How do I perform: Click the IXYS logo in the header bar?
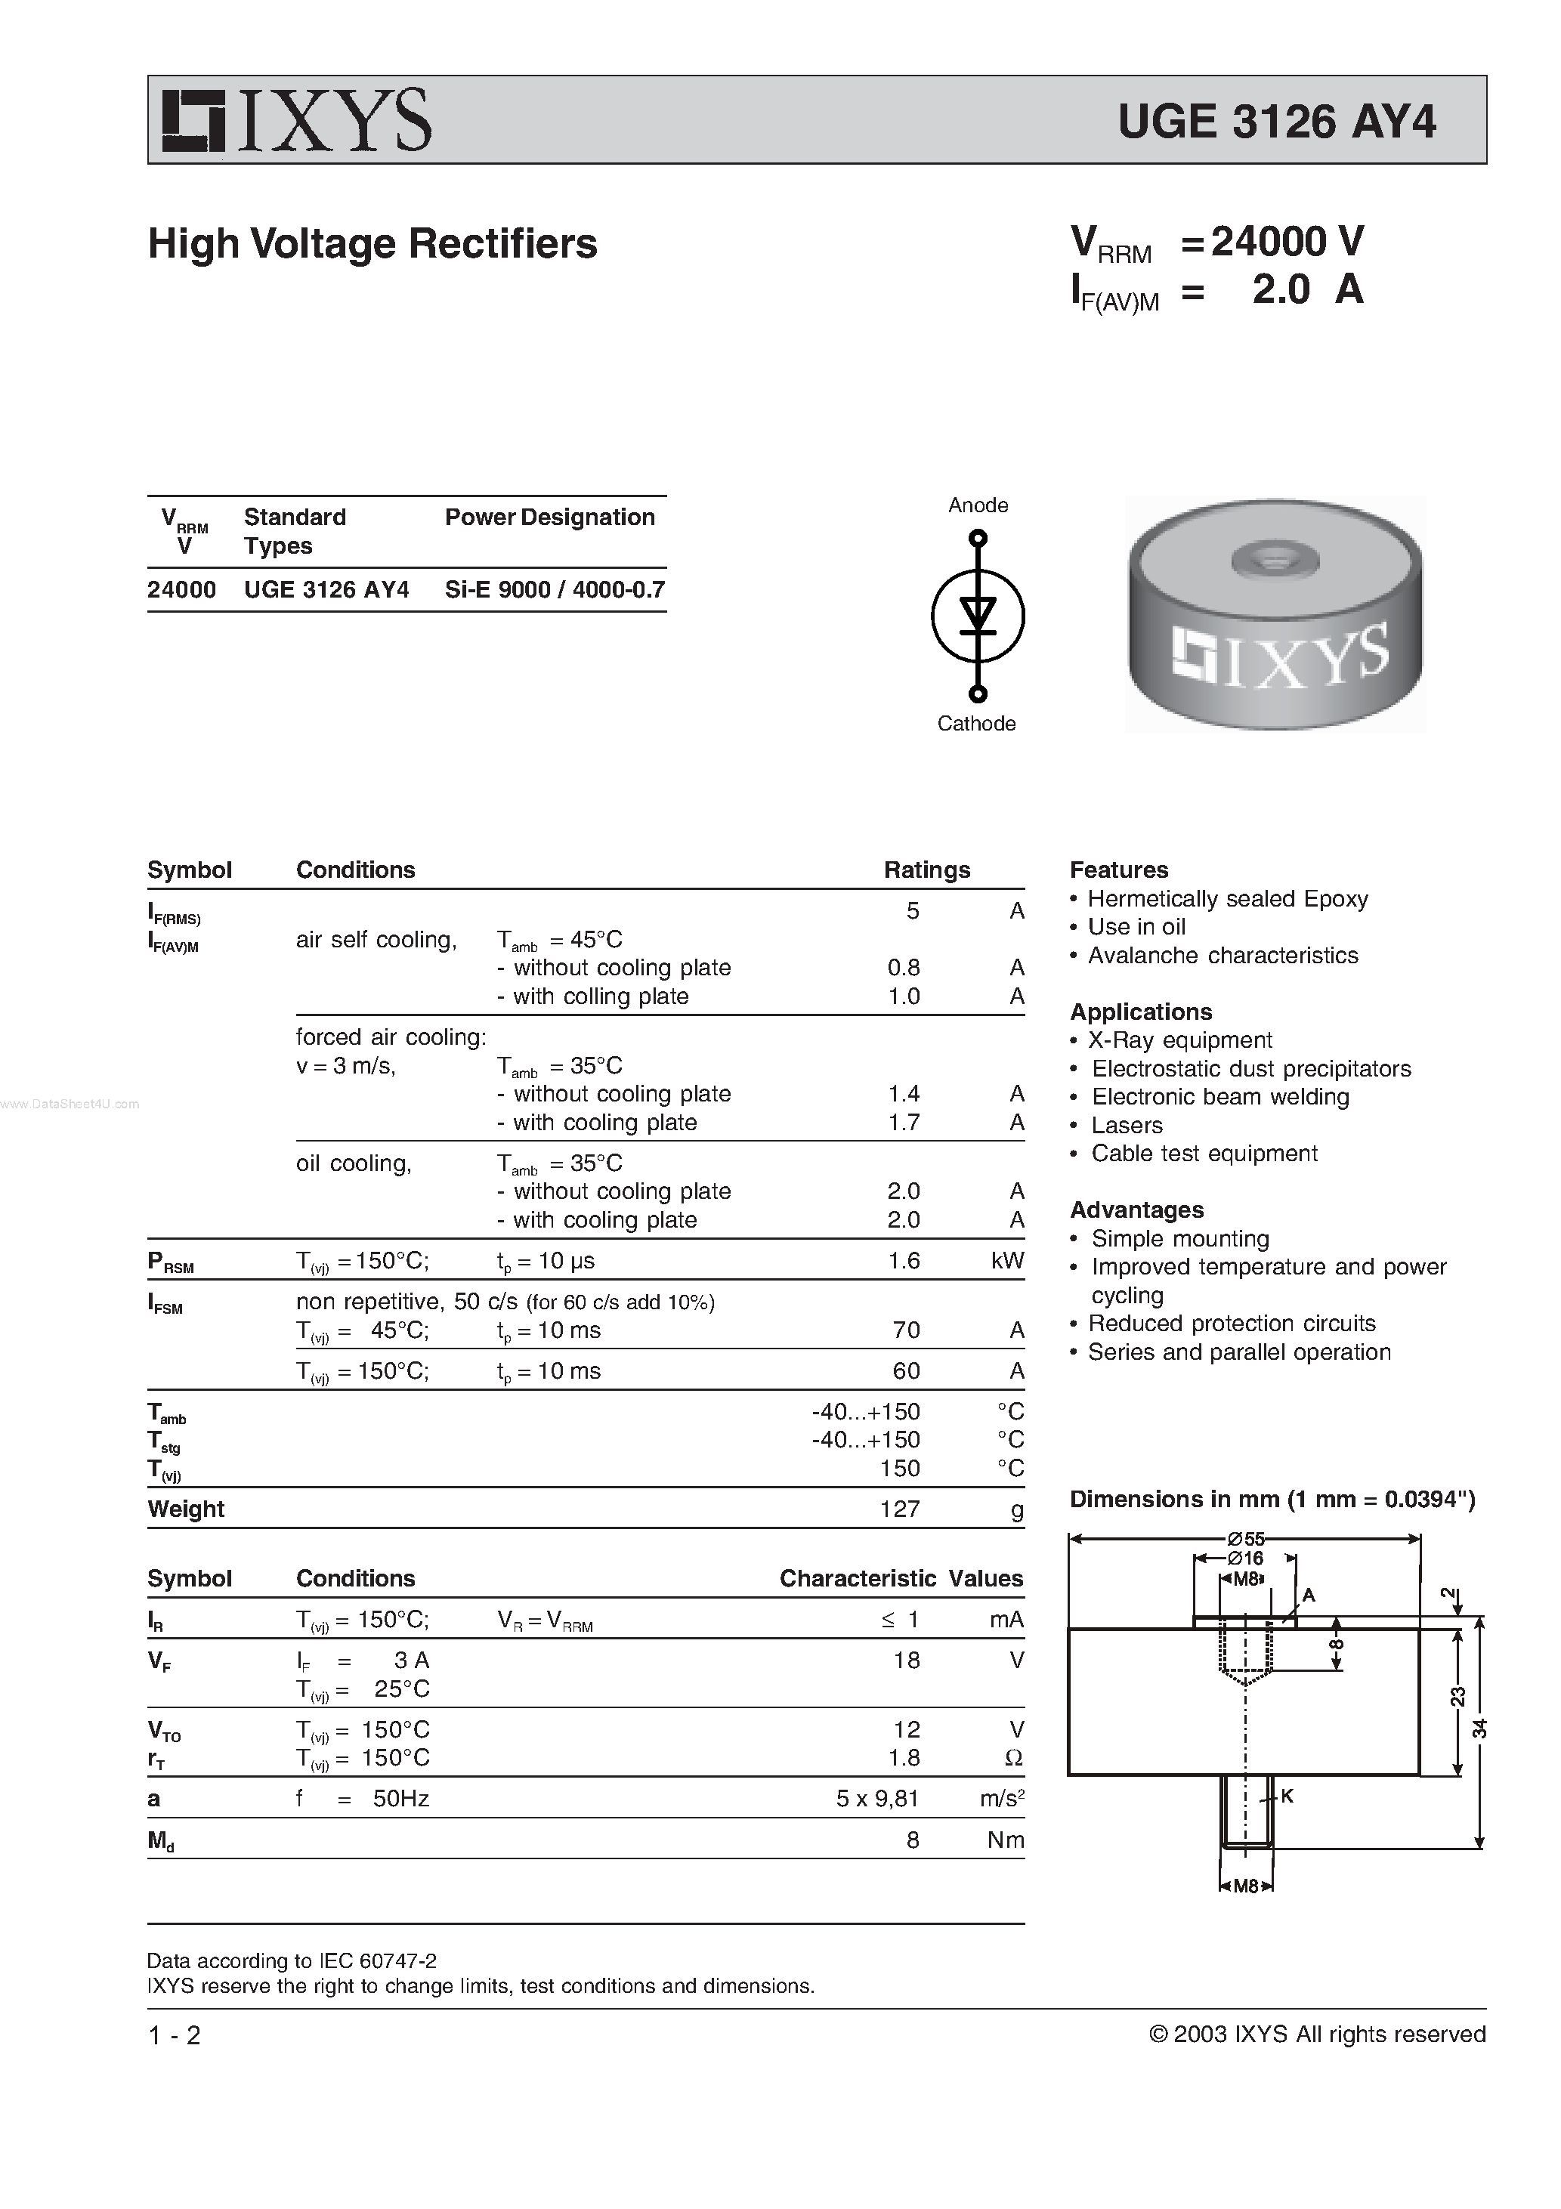[296, 120]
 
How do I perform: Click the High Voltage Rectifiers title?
[372, 243]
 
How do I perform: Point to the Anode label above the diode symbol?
[978, 505]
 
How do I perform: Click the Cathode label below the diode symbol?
[976, 724]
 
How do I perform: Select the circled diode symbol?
[978, 616]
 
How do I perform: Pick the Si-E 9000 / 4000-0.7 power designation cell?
[555, 590]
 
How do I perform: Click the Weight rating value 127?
[900, 1509]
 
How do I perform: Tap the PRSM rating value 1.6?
[904, 1260]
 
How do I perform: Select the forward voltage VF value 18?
[906, 1660]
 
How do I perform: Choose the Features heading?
[1118, 870]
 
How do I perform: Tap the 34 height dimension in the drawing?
[1480, 1728]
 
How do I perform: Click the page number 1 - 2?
[175, 2034]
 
